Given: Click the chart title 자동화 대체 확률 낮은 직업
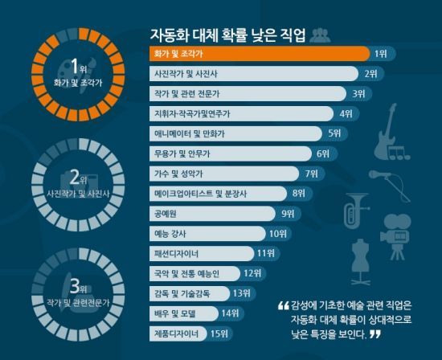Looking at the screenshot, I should pos(227,35).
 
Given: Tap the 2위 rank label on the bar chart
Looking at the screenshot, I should pos(370,74).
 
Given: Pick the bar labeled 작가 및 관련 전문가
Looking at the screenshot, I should pos(249,94).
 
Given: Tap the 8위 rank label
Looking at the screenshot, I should pos(299,194).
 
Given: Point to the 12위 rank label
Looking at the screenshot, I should pos(253,273).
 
